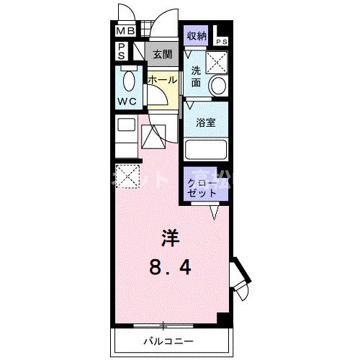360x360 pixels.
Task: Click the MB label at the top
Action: (x=126, y=32)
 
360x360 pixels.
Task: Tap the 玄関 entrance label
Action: (x=161, y=54)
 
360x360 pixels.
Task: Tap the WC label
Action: (x=127, y=101)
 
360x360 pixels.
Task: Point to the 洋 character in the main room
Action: (x=169, y=238)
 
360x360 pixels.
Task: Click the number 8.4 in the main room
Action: (x=171, y=269)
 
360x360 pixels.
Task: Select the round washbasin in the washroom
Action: (x=217, y=86)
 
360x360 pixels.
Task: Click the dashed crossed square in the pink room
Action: (x=127, y=175)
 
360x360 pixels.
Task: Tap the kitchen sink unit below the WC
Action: (x=127, y=134)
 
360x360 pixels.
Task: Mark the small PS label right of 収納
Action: (x=222, y=42)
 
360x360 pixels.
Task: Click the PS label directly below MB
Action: (x=122, y=51)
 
